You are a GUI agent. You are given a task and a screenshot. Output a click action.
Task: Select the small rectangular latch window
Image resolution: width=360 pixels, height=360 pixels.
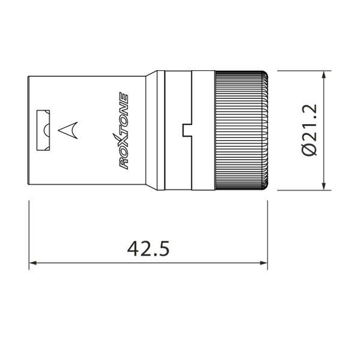(x=44, y=130)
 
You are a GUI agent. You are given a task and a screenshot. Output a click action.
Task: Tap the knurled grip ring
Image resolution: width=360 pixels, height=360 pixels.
(x=240, y=130)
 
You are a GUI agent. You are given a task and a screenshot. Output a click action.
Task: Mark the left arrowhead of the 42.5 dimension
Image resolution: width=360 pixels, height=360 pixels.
(x=34, y=263)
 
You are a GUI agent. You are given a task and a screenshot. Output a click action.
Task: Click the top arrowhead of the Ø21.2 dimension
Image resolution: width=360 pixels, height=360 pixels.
(x=325, y=76)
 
